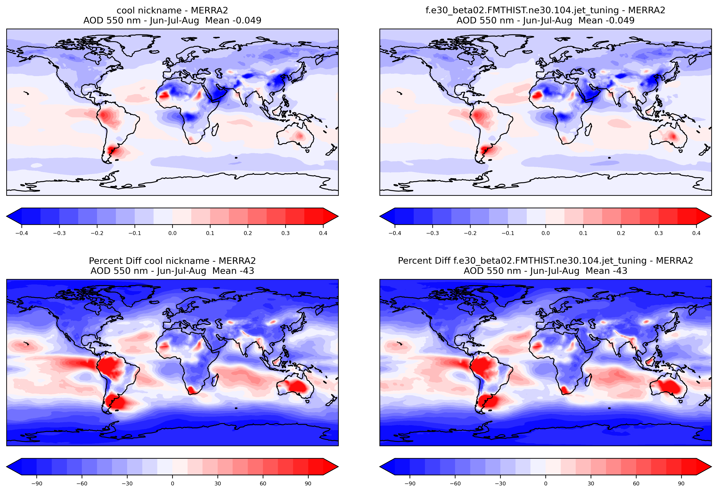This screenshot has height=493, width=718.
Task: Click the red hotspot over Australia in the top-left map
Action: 299,135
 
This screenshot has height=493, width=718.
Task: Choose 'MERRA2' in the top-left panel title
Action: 209,11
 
